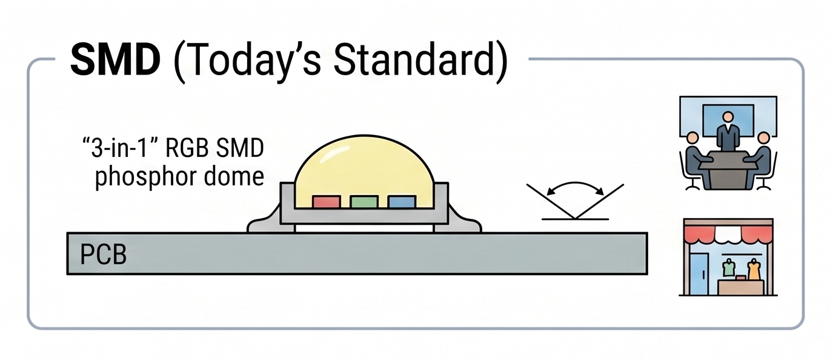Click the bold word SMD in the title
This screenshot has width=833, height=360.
(x=115, y=60)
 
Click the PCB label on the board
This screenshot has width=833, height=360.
(x=104, y=255)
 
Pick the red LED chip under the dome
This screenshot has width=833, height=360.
(x=327, y=202)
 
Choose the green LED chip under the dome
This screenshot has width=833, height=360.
(x=364, y=202)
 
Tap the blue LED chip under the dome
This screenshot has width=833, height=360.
(x=402, y=202)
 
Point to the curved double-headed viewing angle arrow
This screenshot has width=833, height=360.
(x=575, y=184)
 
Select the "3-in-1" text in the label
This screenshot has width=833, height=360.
(x=121, y=148)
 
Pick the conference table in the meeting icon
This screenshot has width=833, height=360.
(x=728, y=168)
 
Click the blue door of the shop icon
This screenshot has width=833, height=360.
(x=700, y=273)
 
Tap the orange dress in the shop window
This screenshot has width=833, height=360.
(x=754, y=270)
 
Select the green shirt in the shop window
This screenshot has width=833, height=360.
(x=729, y=268)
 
